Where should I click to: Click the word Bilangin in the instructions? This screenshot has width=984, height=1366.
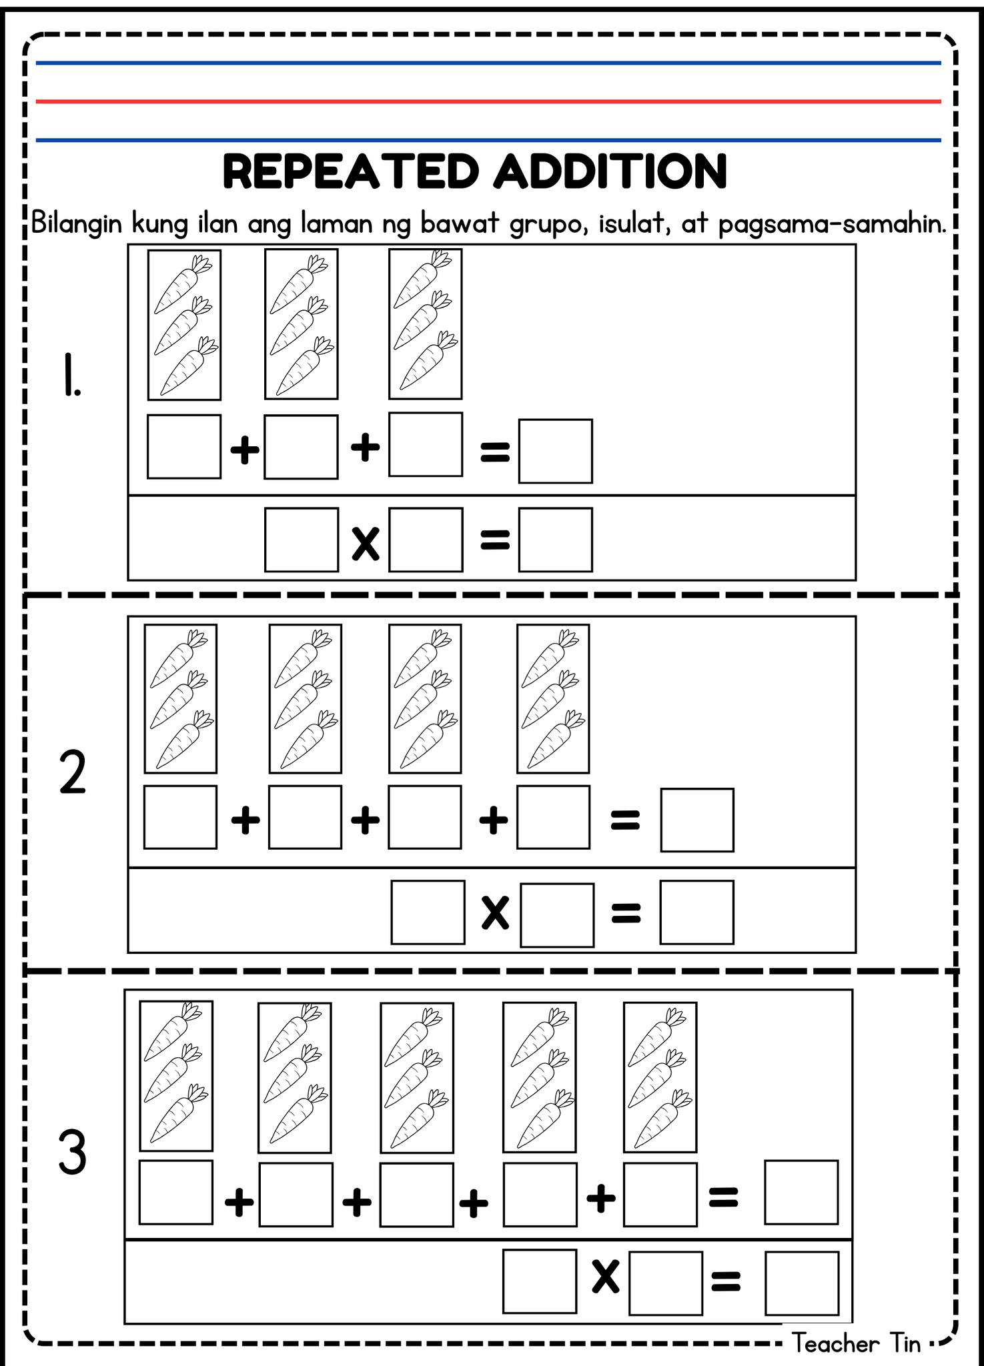pos(77,224)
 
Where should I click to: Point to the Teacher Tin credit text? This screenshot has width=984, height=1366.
pos(856,1342)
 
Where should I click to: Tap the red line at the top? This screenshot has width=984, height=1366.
pos(488,101)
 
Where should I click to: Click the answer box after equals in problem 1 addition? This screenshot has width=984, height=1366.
pos(556,451)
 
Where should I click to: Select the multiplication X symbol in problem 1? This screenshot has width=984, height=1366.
pos(366,543)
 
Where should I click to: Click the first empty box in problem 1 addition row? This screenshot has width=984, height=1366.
pos(184,446)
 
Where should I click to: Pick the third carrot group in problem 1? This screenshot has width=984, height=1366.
pos(426,324)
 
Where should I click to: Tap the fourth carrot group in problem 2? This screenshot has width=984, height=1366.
pos(553,698)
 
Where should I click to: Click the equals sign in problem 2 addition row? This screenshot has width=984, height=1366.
pos(625,820)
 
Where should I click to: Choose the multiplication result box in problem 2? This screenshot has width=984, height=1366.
pos(697,912)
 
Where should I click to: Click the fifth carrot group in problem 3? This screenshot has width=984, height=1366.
pos(660,1077)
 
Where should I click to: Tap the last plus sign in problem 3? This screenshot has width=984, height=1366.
pos(601,1198)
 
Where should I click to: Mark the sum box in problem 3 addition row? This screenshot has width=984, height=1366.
pos(801,1193)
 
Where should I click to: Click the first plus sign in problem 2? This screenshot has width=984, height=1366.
pos(245,820)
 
